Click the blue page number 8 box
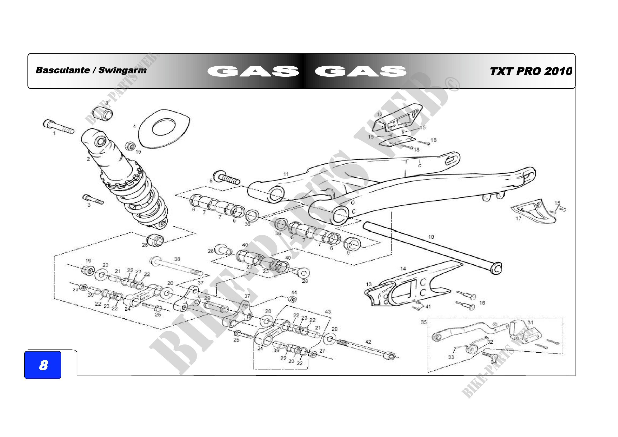[x=43, y=365]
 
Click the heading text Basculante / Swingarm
[x=91, y=70]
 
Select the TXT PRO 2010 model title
[x=531, y=71]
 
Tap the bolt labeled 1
[x=58, y=127]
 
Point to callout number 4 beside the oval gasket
[x=134, y=126]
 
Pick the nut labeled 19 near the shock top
[x=130, y=146]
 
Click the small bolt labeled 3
[x=92, y=200]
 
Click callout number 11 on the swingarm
[x=286, y=174]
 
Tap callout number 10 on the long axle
[x=431, y=237]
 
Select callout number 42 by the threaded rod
[x=368, y=342]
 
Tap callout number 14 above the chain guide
[x=403, y=269]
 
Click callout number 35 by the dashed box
[x=424, y=322]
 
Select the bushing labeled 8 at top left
[x=103, y=113]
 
